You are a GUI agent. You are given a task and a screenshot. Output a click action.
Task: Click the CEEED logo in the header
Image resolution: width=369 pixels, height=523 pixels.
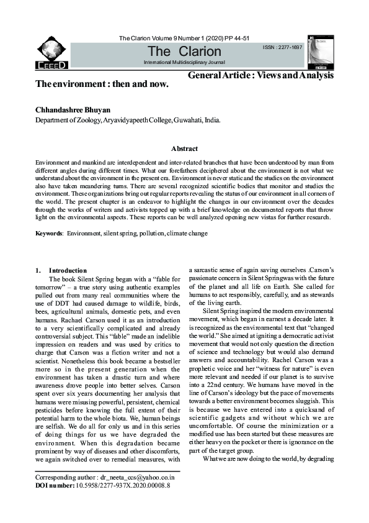[x=52, y=53]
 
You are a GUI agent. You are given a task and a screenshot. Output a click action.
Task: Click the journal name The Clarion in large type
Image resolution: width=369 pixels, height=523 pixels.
[x=184, y=52]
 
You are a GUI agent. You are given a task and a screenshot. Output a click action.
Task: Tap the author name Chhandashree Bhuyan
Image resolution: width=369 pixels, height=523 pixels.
[x=73, y=110]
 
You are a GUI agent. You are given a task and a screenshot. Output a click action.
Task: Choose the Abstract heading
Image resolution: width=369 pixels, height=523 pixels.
[x=184, y=149]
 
